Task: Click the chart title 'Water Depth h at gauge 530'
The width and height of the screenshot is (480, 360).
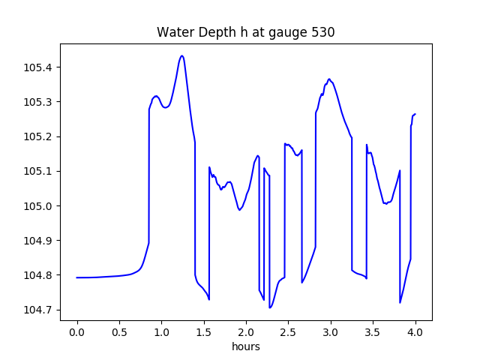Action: click(245, 33)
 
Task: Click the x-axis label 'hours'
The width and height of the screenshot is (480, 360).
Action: click(246, 346)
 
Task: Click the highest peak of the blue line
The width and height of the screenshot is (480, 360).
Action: click(181, 55)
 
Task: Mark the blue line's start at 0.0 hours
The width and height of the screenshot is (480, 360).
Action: click(77, 277)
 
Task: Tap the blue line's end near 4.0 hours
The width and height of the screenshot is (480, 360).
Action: click(415, 114)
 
